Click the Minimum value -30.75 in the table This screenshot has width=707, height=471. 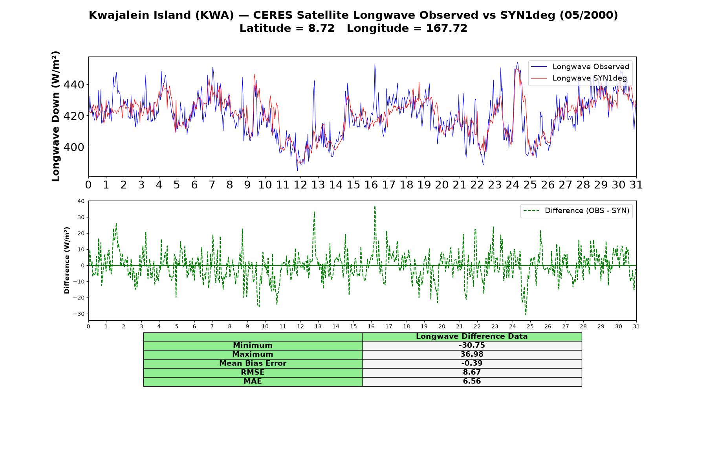(472, 345)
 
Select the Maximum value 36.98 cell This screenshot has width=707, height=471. (472, 354)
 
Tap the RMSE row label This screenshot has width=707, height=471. (253, 372)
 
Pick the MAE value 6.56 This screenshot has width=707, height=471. (472, 382)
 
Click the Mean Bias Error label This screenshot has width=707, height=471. (253, 363)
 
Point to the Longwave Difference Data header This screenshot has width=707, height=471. (472, 336)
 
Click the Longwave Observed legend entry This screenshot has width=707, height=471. (580, 67)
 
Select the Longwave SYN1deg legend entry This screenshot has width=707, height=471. (579, 78)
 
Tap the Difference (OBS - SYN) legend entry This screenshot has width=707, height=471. (576, 211)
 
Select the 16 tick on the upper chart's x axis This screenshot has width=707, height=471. (371, 185)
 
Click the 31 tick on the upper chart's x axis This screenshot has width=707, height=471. (636, 185)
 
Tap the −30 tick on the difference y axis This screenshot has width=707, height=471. (79, 314)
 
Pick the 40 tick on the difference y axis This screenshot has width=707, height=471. (81, 201)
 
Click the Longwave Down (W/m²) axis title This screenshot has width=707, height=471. (56, 116)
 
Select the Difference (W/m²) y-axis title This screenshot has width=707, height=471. (67, 260)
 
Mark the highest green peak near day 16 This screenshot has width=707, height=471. (375, 206)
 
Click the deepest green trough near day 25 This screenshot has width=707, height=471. (526, 314)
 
